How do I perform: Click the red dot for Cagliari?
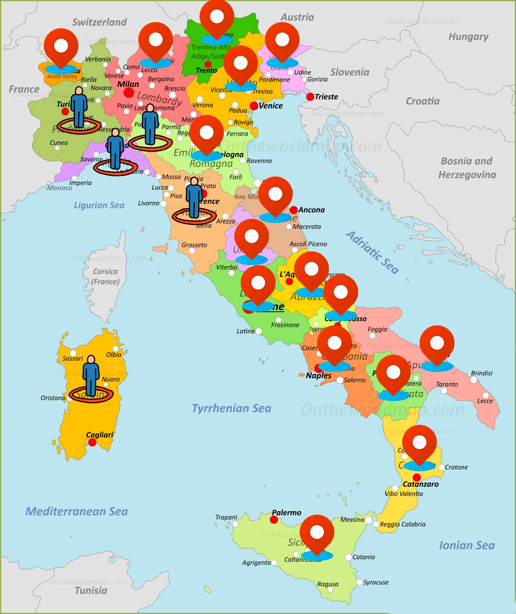(92, 442)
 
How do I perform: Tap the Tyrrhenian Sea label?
(232, 408)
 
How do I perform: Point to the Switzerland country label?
(99, 22)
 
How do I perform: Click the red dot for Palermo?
(274, 520)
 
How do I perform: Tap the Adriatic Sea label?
(373, 253)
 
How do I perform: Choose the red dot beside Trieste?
(310, 97)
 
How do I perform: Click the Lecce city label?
(485, 401)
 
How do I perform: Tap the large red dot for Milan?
(129, 92)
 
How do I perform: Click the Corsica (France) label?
(105, 277)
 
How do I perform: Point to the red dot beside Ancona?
(293, 210)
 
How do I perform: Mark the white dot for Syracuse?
(359, 582)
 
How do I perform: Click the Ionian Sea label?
(467, 545)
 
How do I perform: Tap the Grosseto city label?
(194, 245)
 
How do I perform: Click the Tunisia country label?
(91, 591)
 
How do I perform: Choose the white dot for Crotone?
(442, 467)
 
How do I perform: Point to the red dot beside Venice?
(254, 106)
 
